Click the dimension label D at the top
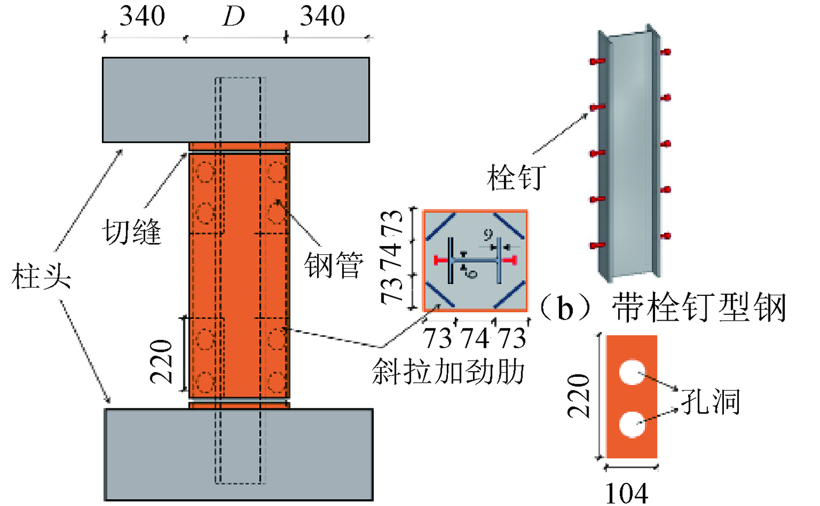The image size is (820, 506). coord(234,17)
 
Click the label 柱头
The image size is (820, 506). coord(41,277)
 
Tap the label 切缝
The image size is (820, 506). coord(132,232)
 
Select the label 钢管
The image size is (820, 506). coord(334,265)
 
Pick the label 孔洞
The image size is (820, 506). coord(711,401)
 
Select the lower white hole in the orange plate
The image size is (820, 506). coord(632,424)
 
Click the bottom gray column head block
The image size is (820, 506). coord(238,454)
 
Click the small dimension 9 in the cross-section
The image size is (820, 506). coord(488,235)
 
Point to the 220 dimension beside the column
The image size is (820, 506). coord(162,362)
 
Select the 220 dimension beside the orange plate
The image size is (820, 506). coord(578,396)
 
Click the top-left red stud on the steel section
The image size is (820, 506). coord(597,61)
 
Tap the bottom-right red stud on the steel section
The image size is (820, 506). coord(665,236)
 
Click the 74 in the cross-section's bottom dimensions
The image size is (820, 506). coord(475,338)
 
